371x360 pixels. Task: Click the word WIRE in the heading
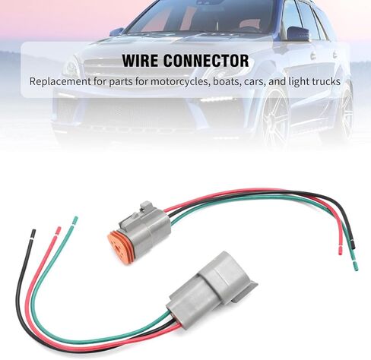(140, 61)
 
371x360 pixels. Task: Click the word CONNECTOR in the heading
(206, 61)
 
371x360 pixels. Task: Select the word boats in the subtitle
(227, 81)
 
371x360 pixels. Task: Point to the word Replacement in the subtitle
(60, 82)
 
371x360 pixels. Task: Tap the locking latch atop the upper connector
(146, 208)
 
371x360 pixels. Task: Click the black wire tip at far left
(33, 234)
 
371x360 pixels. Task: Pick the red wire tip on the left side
(59, 231)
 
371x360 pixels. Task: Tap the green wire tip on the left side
(75, 221)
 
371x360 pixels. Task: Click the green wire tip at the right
(355, 267)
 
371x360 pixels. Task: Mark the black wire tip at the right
(352, 245)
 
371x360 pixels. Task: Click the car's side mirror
(299, 33)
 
